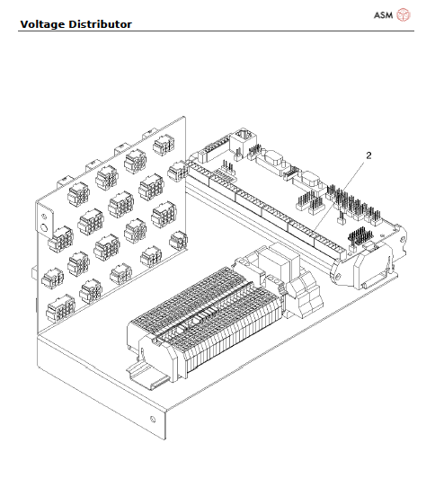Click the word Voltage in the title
41,23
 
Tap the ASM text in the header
384,14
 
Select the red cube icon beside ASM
404,14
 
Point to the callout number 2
368,155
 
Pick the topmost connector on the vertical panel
163,144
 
